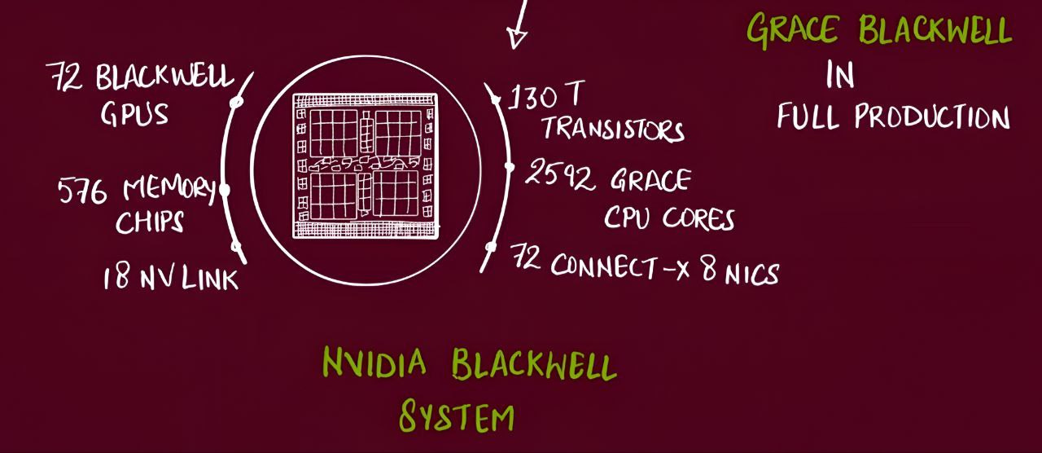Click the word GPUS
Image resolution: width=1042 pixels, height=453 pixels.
click(x=134, y=114)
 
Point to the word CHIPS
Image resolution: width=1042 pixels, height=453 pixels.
click(x=150, y=222)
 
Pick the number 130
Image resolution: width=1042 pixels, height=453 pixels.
click(x=533, y=99)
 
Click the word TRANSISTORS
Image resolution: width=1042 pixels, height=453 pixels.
click(x=613, y=129)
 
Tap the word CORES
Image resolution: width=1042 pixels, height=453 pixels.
click(x=698, y=218)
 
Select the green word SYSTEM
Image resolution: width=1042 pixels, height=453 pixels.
click(x=457, y=416)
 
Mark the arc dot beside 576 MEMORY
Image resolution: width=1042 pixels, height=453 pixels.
click(x=225, y=190)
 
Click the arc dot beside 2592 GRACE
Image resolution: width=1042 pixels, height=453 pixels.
click(x=510, y=167)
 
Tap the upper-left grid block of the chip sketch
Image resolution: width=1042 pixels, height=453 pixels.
click(x=333, y=133)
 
